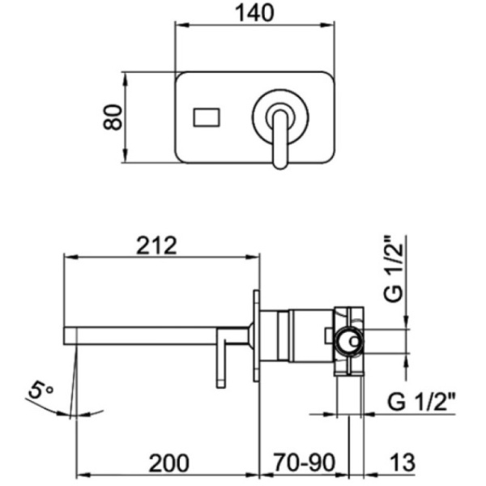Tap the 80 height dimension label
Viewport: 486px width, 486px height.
click(113, 117)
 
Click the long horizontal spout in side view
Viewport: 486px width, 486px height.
click(154, 333)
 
